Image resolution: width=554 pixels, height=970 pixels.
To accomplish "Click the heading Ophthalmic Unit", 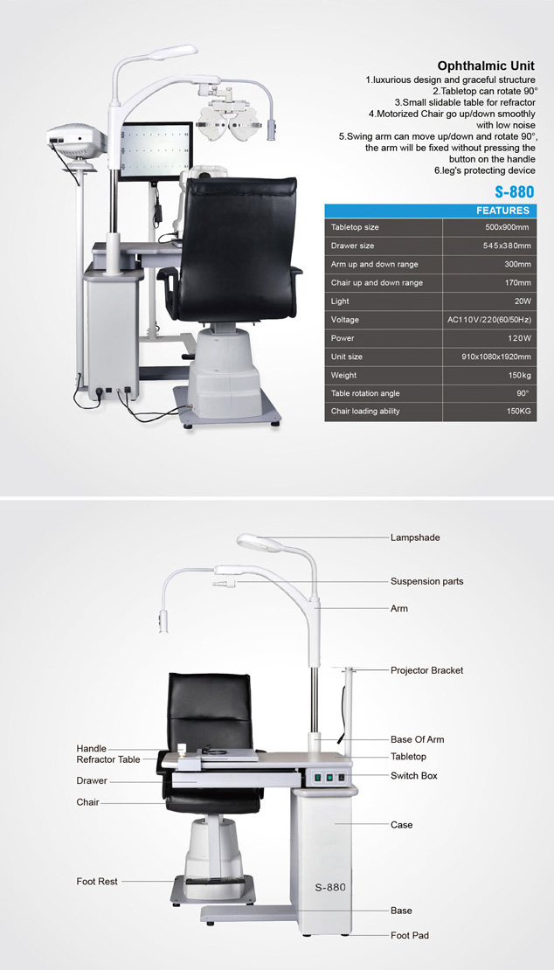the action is pyautogui.click(x=486, y=66).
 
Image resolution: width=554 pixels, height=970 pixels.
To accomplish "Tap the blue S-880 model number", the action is pyautogui.click(x=515, y=191).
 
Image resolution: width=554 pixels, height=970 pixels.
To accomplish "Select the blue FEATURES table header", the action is pyautogui.click(x=430, y=211).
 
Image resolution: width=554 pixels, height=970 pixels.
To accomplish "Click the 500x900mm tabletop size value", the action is pyautogui.click(x=507, y=227).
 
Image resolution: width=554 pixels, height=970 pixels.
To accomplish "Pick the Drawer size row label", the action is pyautogui.click(x=352, y=246).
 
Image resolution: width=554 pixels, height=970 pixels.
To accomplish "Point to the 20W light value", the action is pyautogui.click(x=522, y=301).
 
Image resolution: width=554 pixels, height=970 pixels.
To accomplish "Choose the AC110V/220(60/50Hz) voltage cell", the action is pyautogui.click(x=489, y=320).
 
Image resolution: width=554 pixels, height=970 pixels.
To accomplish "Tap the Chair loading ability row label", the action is pyautogui.click(x=365, y=412).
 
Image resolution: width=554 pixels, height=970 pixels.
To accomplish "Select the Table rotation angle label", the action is pyautogui.click(x=365, y=393).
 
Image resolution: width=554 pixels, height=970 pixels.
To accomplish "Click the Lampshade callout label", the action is pyautogui.click(x=415, y=537).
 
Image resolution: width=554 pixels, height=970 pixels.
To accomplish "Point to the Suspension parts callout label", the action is pyautogui.click(x=426, y=581).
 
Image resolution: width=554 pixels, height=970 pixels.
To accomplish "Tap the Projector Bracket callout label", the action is pyautogui.click(x=426, y=670).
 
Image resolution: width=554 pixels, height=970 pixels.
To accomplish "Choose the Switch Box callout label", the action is pyautogui.click(x=413, y=775).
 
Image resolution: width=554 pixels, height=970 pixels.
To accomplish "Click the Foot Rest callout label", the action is pyautogui.click(x=97, y=881).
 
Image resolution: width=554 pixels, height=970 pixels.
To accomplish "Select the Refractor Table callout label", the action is pyautogui.click(x=108, y=759).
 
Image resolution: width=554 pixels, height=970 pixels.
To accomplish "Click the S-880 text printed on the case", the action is pyautogui.click(x=330, y=887).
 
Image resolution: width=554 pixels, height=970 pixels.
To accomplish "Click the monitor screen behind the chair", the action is pyautogui.click(x=155, y=150).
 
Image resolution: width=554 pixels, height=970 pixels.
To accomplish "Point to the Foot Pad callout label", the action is pyautogui.click(x=409, y=935).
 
